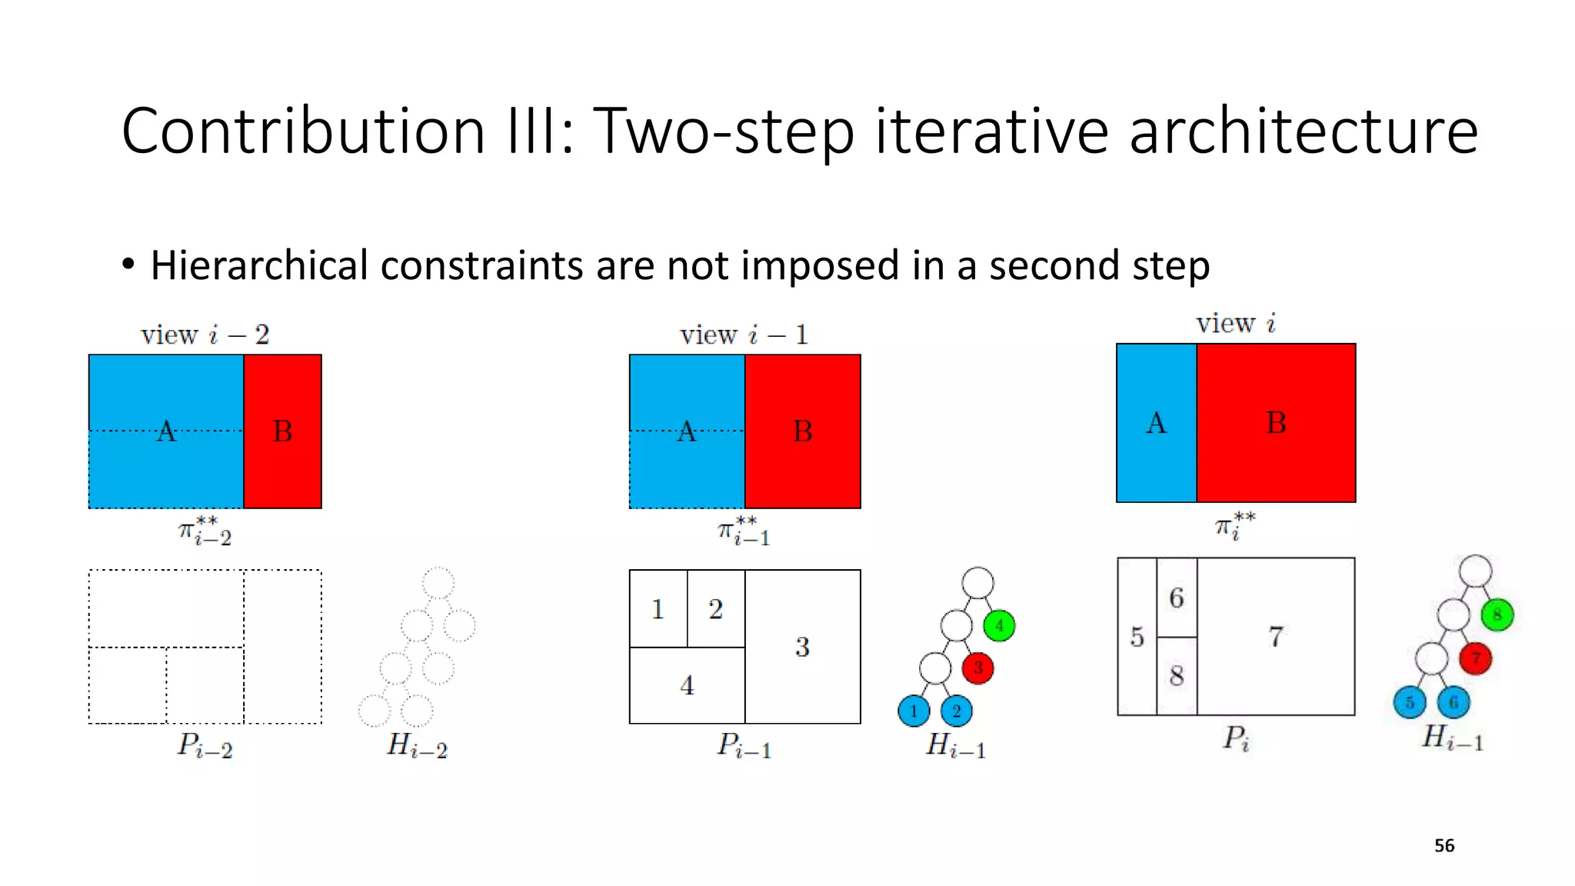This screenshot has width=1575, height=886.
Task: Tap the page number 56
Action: click(1443, 845)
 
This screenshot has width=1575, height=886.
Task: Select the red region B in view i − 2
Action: click(282, 431)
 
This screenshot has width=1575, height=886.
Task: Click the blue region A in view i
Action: click(1156, 423)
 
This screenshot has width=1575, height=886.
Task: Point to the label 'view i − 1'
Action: click(744, 335)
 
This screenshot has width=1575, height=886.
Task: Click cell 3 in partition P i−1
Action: click(802, 646)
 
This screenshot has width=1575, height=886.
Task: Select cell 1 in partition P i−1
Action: click(658, 609)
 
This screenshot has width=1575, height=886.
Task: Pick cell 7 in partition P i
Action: click(1275, 636)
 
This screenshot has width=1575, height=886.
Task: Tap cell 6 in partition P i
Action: click(1177, 598)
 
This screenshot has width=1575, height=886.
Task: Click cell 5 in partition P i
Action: click(1137, 637)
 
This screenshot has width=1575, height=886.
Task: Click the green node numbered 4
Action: click(999, 625)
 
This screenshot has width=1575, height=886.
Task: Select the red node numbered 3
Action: click(977, 668)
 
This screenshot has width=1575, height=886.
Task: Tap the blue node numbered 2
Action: click(956, 711)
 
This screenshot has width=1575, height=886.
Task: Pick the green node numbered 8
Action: click(1497, 615)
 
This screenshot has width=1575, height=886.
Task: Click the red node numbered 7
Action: click(1475, 658)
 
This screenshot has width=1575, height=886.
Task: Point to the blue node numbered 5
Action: click(1409, 702)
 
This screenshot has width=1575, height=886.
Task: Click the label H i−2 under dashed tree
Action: click(416, 745)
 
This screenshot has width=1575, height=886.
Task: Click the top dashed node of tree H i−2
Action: click(438, 583)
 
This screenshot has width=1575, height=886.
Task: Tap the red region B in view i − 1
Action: click(802, 431)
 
